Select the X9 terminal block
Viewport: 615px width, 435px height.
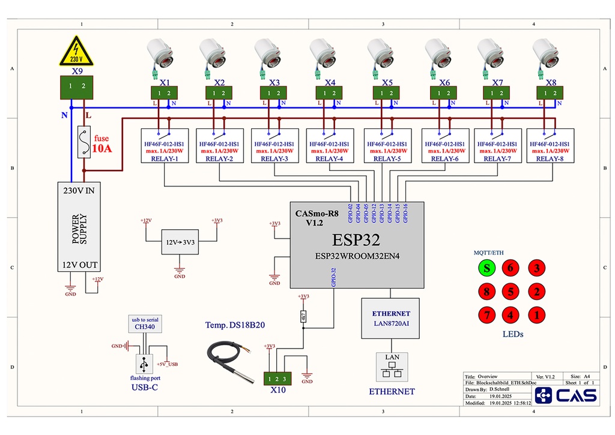point(77,88)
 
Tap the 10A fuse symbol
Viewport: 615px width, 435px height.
point(84,142)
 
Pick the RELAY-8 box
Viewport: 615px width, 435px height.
point(550,146)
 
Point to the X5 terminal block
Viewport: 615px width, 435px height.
point(387,93)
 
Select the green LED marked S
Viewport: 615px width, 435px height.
point(487,268)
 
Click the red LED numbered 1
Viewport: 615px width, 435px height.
point(536,314)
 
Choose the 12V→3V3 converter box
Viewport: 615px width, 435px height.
point(180,242)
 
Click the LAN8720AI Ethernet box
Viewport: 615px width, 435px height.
point(390,319)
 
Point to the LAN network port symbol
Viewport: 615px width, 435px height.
point(392,367)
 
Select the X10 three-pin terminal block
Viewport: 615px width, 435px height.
point(277,379)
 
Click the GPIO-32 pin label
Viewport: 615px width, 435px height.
point(333,280)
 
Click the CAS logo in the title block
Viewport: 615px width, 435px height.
point(566,395)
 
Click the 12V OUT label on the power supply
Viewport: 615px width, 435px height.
point(80,265)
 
